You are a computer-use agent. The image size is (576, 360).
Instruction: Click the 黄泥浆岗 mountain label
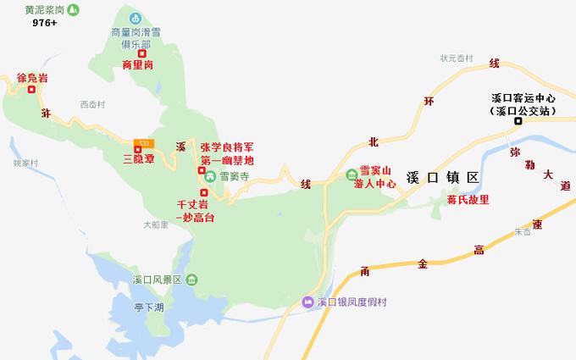pyautogui.click(x=44, y=9)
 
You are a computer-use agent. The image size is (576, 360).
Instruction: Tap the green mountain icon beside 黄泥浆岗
pyautogui.click(x=75, y=9)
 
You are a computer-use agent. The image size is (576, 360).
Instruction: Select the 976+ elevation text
pyautogui.click(x=45, y=24)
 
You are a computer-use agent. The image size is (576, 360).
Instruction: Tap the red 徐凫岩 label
pyautogui.click(x=32, y=79)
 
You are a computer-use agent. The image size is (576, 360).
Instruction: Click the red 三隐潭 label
pyautogui.click(x=138, y=158)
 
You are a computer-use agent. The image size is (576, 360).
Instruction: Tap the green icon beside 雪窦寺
pyautogui.click(x=209, y=177)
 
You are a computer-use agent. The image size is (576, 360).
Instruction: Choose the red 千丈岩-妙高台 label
pyautogui.click(x=193, y=211)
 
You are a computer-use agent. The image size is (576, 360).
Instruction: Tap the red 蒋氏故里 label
pyautogui.click(x=468, y=201)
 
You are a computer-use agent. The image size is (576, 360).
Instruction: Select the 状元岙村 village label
pyautogui.click(x=456, y=58)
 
